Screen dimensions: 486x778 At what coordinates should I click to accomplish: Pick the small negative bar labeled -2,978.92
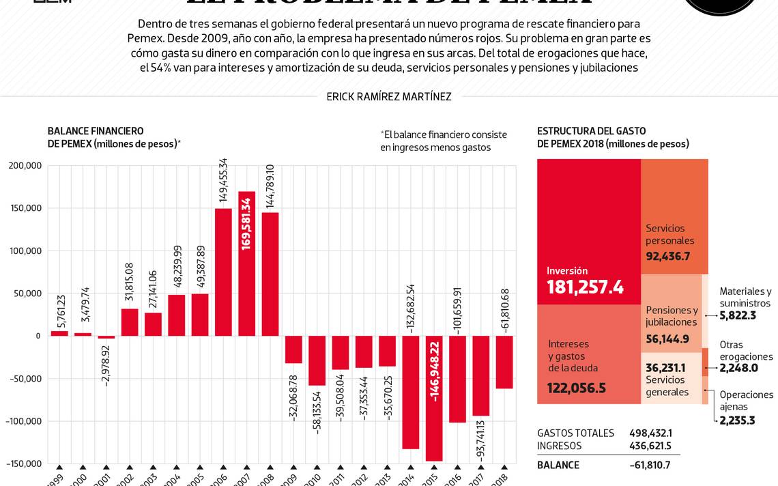[x=106, y=337]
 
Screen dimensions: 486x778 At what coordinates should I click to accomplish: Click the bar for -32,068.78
[x=293, y=349]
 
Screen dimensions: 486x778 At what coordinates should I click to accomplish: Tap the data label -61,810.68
[x=505, y=310]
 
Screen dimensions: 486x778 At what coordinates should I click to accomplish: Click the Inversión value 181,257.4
[x=585, y=287]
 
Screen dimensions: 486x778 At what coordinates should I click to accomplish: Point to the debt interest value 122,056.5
[x=577, y=388]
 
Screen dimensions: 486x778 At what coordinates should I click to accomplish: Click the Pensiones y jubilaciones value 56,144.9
[x=667, y=339]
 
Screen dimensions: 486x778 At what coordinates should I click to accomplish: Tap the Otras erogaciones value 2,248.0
[x=738, y=368]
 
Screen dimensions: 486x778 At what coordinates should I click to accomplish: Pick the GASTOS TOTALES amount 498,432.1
[x=650, y=433]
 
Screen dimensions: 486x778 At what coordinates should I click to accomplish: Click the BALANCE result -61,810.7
[x=650, y=465]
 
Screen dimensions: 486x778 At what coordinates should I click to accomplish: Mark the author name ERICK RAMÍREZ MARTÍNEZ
[x=389, y=97]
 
